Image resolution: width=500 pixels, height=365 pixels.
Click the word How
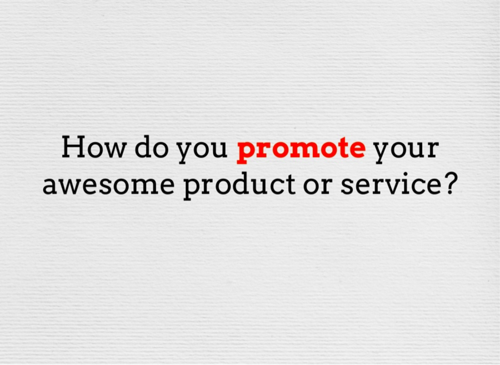(94, 147)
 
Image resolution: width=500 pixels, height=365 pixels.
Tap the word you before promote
(202, 151)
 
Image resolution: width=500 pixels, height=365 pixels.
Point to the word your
(407, 151)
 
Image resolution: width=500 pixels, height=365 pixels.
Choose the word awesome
(109, 185)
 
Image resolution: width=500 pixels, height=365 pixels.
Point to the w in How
(114, 149)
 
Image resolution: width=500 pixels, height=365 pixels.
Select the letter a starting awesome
(51, 185)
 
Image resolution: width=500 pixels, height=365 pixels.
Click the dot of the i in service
(408, 173)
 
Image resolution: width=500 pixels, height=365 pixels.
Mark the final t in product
(290, 184)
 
